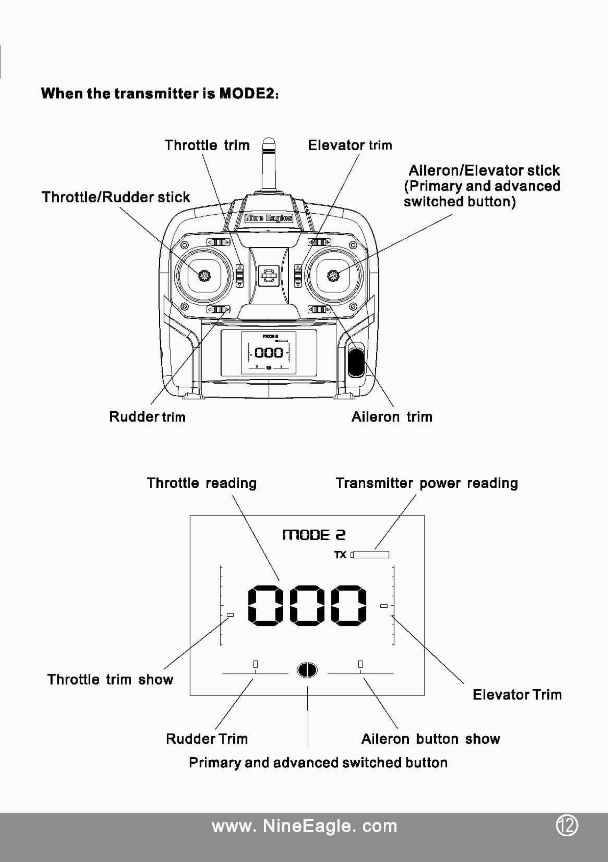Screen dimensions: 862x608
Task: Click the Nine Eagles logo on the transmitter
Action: tap(268, 219)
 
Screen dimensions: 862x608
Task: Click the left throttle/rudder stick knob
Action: tap(204, 276)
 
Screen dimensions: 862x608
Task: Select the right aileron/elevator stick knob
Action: tap(333, 276)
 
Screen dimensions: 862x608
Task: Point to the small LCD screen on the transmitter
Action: tap(268, 353)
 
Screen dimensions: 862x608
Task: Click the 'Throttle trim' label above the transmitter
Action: tap(207, 145)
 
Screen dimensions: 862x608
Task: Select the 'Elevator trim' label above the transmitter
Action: tap(350, 145)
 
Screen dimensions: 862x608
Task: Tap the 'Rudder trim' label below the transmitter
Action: tap(147, 417)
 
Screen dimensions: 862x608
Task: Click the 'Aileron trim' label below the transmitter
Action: tap(392, 417)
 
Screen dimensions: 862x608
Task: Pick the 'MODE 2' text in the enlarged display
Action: tap(314, 535)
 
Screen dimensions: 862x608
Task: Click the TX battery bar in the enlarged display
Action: tap(371, 555)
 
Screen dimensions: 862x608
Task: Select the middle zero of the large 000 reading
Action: tap(307, 605)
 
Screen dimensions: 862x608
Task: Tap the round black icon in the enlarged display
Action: tap(307, 670)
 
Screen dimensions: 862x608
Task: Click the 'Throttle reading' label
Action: tap(202, 483)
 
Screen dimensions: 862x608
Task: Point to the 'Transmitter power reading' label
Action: tap(427, 483)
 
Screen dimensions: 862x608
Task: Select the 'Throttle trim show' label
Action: tap(111, 679)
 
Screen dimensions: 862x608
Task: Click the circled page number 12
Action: tap(567, 826)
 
